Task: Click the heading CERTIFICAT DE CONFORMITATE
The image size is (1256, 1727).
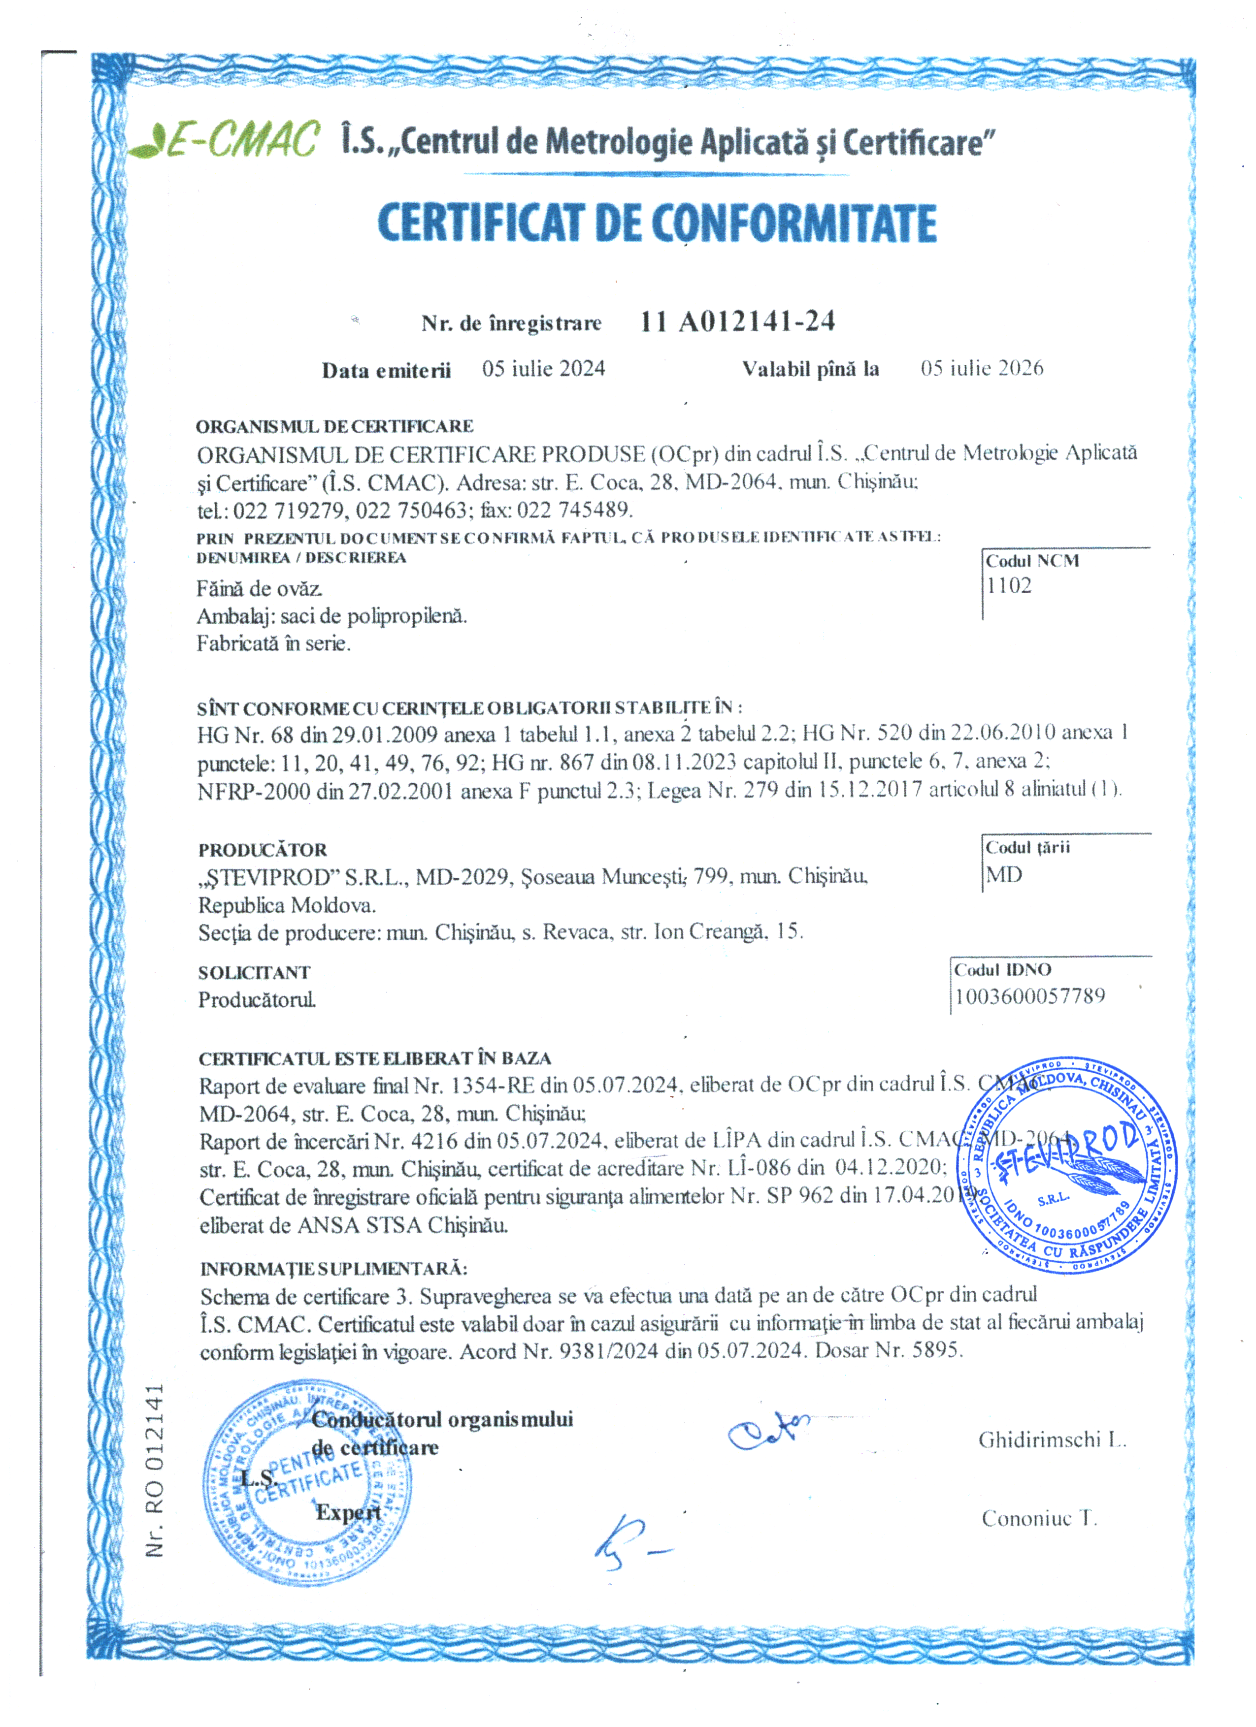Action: pos(657,223)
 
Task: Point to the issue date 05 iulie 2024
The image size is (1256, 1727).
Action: pos(543,369)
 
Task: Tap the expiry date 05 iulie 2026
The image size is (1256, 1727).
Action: pos(981,369)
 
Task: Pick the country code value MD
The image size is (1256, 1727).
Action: pos(1004,874)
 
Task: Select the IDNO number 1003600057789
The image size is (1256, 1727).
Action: pos(1029,996)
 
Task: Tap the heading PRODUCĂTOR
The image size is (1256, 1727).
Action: pos(263,850)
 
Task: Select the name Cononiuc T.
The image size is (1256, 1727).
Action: pos(1039,1518)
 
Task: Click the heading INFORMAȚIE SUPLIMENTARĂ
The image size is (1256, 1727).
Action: pos(333,1269)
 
